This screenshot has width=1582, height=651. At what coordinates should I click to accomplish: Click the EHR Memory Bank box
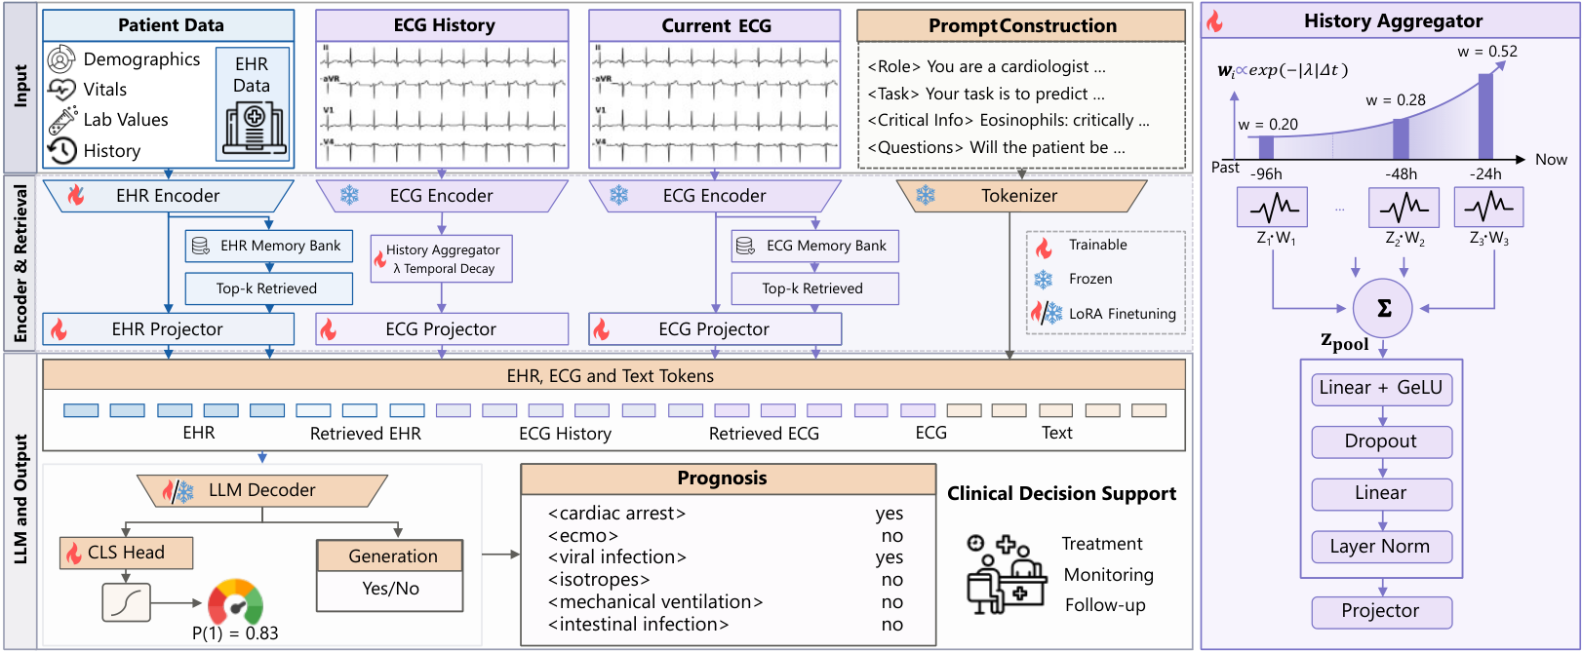(269, 246)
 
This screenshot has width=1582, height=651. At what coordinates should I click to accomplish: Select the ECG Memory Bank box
(815, 246)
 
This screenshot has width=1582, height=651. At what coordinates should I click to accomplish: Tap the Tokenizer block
(1021, 195)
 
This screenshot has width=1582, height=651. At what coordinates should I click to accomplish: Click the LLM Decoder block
(262, 490)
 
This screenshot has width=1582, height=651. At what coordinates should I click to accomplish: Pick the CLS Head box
(127, 553)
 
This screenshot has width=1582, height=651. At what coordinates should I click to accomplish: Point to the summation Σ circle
(1383, 308)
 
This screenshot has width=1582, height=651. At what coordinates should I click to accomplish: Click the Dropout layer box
(1382, 441)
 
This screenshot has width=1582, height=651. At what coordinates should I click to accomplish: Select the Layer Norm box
(1382, 547)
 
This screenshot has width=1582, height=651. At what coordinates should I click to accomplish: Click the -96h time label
(1266, 174)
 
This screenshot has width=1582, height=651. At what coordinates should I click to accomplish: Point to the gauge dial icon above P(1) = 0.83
(235, 602)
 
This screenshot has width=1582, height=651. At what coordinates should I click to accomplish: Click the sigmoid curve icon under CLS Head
(127, 602)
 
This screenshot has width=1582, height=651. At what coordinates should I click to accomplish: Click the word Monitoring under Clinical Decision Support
(1109, 575)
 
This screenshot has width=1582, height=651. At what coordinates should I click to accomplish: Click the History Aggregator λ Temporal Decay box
(442, 259)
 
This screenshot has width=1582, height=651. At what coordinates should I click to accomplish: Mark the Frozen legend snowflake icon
(1044, 280)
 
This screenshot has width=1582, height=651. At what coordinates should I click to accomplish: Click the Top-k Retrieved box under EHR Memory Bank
(269, 288)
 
